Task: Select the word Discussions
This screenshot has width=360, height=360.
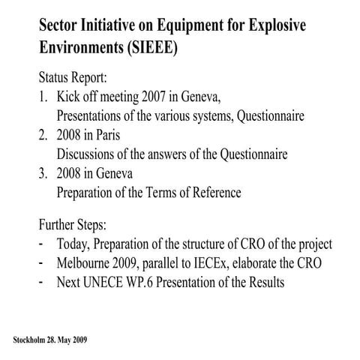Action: click(x=88, y=154)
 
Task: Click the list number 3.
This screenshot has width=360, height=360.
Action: click(x=42, y=173)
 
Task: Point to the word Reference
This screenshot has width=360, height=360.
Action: click(x=212, y=192)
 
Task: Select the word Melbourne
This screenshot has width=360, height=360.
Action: click(x=88, y=262)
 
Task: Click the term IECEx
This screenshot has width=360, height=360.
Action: click(x=211, y=262)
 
